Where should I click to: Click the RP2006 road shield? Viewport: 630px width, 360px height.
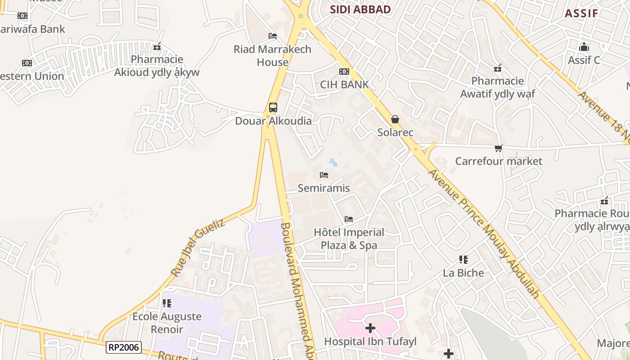click(x=124, y=347)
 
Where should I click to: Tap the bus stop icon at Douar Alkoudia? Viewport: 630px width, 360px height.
click(x=273, y=108)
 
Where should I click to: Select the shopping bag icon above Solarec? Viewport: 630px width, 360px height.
click(x=395, y=119)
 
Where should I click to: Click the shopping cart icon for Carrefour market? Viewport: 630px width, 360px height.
click(x=498, y=148)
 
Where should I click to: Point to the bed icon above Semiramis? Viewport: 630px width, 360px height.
click(x=324, y=175)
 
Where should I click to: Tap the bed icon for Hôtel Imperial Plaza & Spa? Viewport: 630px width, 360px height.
click(x=349, y=219)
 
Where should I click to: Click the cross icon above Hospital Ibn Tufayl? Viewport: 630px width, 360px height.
click(x=370, y=328)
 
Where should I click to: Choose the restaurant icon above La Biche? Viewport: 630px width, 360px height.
click(x=463, y=260)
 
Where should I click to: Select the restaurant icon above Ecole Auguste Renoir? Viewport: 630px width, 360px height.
click(x=167, y=303)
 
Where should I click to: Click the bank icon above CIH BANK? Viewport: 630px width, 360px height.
click(x=344, y=72)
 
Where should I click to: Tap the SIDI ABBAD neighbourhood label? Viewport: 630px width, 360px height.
click(x=360, y=9)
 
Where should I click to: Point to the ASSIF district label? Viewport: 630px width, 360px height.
click(x=581, y=13)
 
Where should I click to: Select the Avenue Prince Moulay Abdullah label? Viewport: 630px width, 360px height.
click(x=483, y=234)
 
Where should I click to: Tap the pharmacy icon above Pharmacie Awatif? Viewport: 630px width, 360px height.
click(x=498, y=68)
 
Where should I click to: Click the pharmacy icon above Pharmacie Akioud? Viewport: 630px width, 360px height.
click(x=157, y=46)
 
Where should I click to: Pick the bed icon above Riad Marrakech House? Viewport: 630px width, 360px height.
click(x=273, y=36)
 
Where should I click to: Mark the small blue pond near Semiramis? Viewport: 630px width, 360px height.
click(x=333, y=162)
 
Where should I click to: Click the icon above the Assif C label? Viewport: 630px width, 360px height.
click(x=584, y=47)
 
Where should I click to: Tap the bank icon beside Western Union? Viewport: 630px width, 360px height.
click(x=27, y=63)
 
